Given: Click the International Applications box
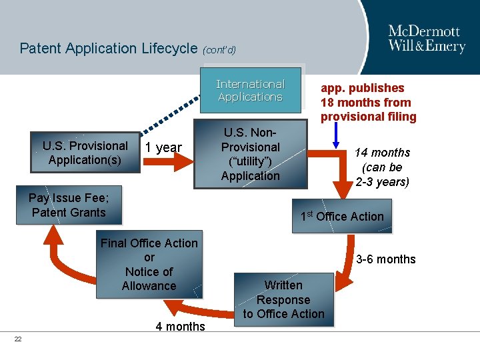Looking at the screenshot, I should point(251,90).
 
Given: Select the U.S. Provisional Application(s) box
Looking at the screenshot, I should point(85,153).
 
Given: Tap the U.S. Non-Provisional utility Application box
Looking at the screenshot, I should point(251,154).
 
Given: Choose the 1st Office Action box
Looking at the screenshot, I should point(341,217).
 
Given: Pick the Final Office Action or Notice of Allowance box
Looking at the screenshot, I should point(149,265).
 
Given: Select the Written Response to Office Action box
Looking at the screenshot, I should point(283,299).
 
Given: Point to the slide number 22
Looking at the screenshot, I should point(18,339).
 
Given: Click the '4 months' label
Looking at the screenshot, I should point(180,327).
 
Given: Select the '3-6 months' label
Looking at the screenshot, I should point(385,259).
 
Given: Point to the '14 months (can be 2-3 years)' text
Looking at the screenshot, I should point(382,167).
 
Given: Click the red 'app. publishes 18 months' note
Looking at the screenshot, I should point(368,103).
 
